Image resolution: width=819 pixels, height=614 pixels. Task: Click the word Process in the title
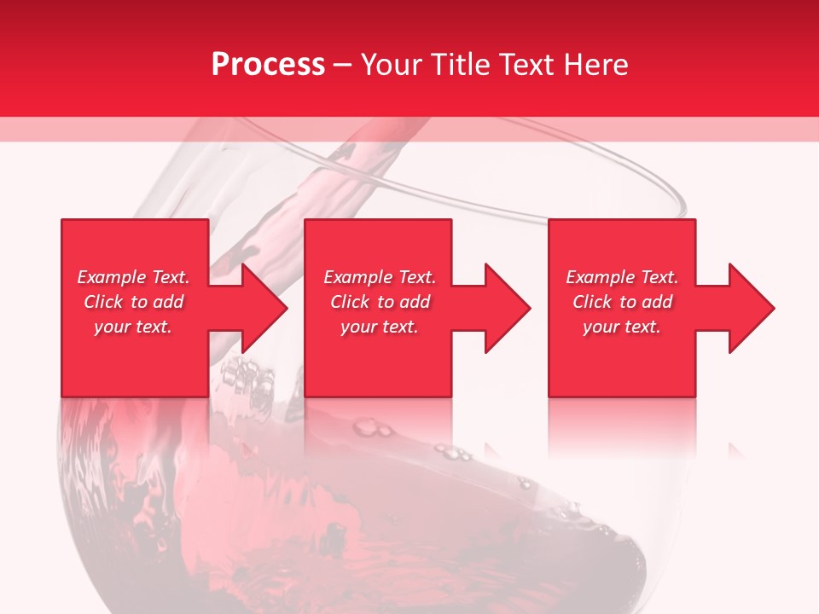[268, 64]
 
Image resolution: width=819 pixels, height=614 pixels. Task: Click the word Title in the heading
[456, 64]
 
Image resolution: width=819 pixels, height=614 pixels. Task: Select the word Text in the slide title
[526, 64]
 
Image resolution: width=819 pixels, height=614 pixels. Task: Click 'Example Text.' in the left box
[133, 277]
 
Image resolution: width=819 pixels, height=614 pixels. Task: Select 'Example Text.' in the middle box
[380, 277]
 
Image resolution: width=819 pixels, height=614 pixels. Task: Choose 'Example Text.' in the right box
[622, 277]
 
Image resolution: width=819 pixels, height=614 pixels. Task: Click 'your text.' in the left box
[133, 327]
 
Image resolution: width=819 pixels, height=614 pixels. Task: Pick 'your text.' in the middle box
[380, 327]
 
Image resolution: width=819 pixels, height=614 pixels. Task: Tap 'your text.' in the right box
[622, 327]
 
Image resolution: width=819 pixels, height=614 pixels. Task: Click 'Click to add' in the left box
[133, 302]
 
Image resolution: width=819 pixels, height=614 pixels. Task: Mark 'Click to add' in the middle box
[380, 302]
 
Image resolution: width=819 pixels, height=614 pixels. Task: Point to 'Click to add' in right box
[622, 302]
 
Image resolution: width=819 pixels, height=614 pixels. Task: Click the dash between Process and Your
[343, 65]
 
